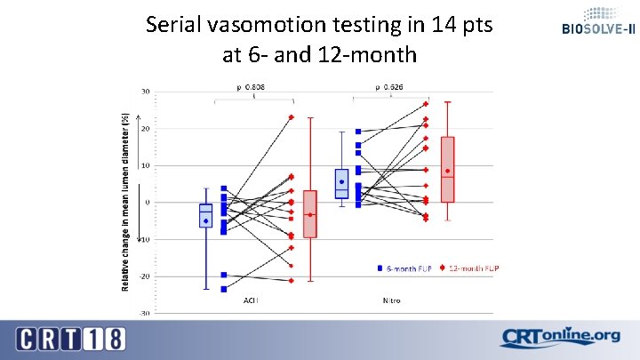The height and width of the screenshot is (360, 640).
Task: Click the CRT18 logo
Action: point(70,339)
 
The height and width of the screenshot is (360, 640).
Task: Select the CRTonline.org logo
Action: point(559,338)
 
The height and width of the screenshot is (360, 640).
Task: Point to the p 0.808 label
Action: point(251,87)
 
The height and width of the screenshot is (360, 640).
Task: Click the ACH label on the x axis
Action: point(252,300)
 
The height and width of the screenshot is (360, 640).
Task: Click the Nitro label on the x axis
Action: point(391,300)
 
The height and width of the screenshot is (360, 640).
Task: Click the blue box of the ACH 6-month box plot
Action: point(205,215)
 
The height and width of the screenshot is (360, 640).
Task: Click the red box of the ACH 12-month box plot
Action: point(309,213)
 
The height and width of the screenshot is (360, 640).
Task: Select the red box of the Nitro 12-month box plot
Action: point(447,169)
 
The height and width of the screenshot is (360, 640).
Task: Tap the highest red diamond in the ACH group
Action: point(291,117)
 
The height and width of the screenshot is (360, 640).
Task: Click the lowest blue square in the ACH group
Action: point(224,289)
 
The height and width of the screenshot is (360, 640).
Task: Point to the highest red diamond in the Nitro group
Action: point(426,104)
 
